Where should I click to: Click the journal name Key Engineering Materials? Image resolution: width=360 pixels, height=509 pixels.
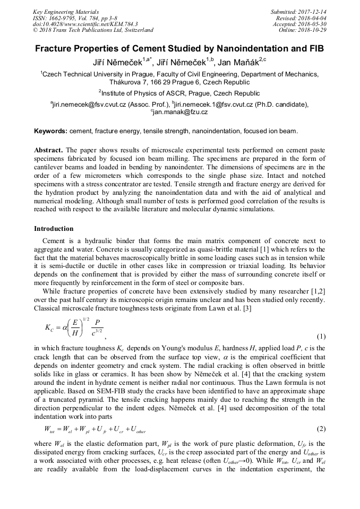66,12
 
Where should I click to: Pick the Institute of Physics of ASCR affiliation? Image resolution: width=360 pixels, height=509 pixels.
179,93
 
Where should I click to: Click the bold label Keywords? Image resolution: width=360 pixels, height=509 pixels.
50,131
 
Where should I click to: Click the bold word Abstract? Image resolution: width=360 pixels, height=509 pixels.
48,150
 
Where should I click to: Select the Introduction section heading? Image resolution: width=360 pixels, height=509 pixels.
54,229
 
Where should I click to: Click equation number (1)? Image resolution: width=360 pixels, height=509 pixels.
320,337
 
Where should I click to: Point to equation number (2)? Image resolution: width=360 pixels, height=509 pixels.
320,428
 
